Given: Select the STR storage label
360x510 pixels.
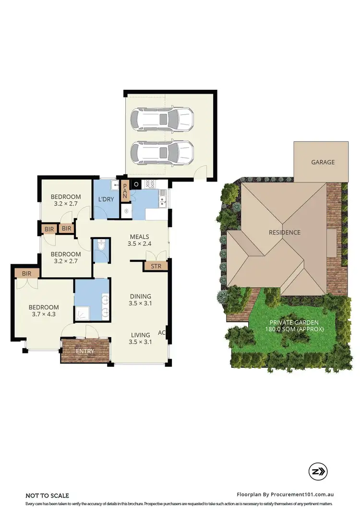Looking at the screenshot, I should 156,266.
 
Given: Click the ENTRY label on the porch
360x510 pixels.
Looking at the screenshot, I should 85,351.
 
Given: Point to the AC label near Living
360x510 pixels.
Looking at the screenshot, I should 161,332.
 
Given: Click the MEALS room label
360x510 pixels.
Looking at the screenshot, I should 139,236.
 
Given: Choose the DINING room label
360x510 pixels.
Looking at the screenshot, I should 140,296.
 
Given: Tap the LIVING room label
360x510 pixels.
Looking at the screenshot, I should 140,335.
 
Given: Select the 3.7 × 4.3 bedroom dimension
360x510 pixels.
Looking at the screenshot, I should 44,315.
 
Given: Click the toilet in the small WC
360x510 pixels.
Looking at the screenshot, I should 101,246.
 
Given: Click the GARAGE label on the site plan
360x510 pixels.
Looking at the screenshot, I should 323,162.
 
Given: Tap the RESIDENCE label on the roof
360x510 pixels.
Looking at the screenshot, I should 284,232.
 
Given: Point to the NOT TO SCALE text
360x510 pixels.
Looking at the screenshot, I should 47,496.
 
